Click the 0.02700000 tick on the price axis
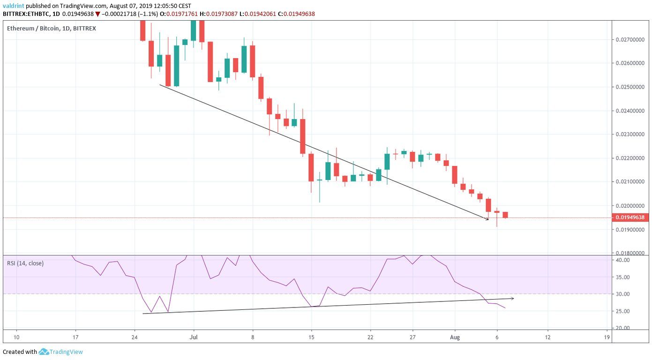point(629,40)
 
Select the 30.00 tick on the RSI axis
point(622,294)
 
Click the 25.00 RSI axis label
point(622,311)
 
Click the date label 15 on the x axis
point(311,337)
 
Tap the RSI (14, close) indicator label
point(25,263)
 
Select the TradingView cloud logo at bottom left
point(44,352)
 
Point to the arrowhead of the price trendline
point(487,219)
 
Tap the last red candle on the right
point(505,215)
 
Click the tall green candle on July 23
point(387,161)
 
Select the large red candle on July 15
point(311,167)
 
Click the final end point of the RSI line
point(505,308)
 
